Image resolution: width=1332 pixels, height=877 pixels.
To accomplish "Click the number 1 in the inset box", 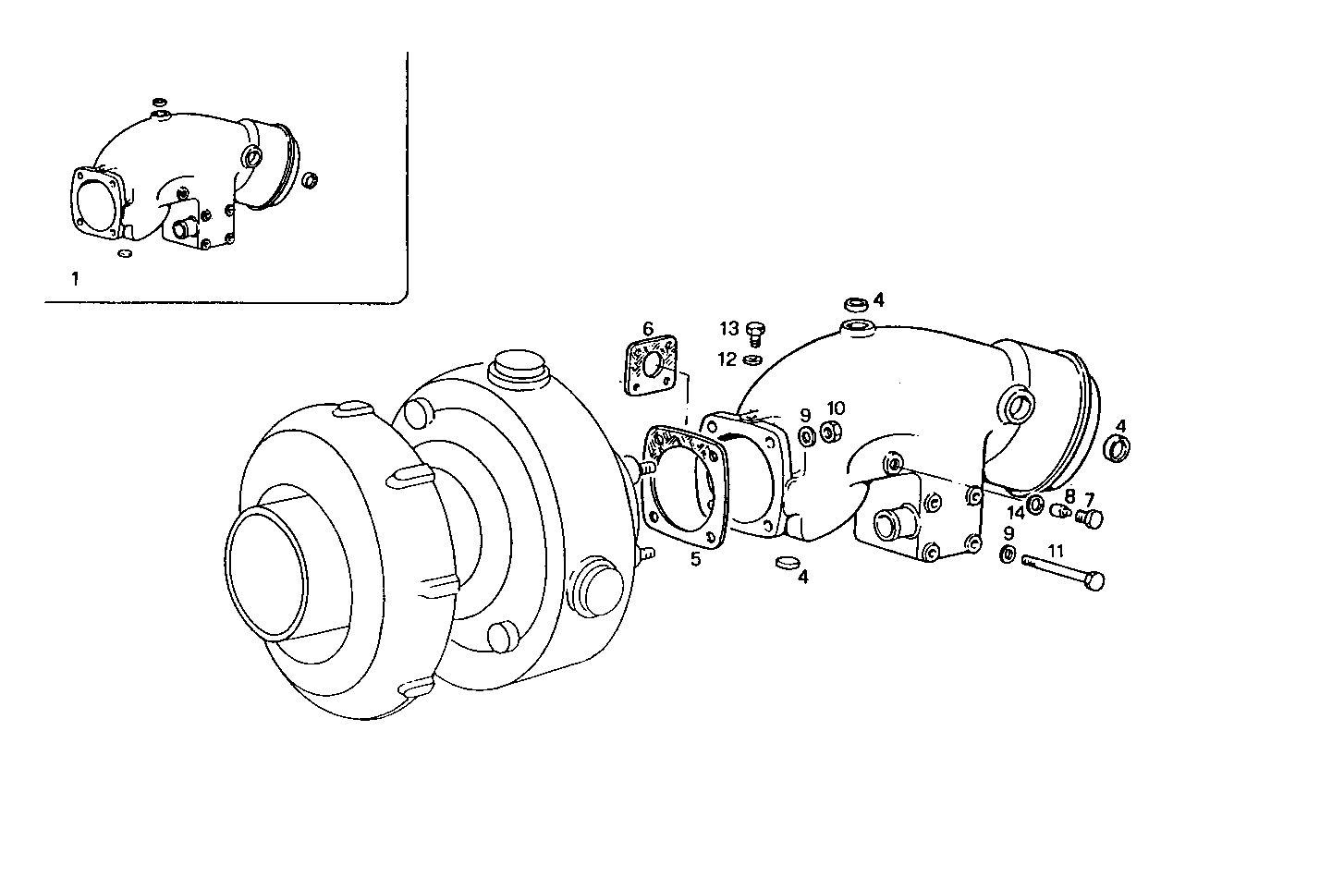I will pos(75,278).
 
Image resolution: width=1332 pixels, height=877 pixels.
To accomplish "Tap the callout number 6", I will pos(648,328).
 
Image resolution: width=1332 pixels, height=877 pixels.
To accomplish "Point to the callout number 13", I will pos(730,328).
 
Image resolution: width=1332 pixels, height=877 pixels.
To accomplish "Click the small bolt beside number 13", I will pos(753,330).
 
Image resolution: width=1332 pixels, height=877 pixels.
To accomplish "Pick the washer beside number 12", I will pos(753,359).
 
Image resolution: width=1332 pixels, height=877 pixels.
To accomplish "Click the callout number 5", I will pos(695,558).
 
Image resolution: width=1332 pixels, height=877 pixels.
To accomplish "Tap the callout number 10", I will pos(836,408).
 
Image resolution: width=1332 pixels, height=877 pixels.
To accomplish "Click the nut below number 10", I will pos(832,431).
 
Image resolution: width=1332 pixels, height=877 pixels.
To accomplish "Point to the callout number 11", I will pos(1057,551).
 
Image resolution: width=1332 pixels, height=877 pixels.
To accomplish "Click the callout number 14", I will pos(1016,512).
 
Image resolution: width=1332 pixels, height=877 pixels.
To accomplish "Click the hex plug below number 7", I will pos(1093,519).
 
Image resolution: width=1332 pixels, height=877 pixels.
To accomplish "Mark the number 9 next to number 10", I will pos(805,416).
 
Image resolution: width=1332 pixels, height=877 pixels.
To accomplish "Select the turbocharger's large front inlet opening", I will pos(265,574).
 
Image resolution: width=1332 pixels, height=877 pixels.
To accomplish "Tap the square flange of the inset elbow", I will pos(95,198).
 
